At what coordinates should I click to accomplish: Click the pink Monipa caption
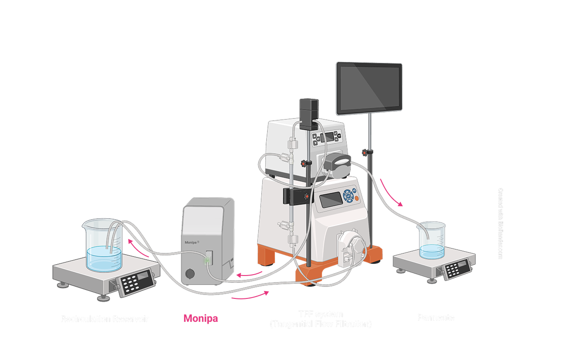pos(200,319)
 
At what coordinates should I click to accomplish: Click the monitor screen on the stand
pos(369,88)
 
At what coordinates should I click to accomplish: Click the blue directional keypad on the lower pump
pos(348,196)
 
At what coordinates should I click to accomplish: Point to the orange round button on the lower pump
pos(357,198)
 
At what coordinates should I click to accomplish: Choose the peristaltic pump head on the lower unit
pos(353,245)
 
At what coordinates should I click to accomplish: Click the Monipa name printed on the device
pos(192,242)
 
